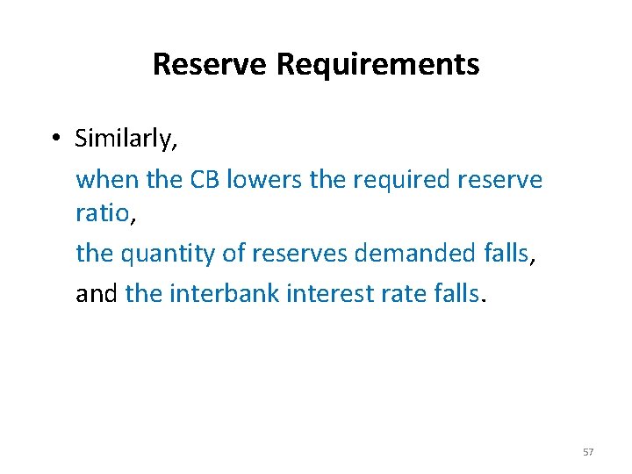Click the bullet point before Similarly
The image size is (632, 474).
[54, 139]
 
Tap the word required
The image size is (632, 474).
[405, 180]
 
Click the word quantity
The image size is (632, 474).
[169, 254]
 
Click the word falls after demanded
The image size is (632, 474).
[507, 254]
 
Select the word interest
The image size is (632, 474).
[327, 292]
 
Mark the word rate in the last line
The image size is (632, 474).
[401, 292]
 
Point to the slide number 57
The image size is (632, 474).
[588, 452]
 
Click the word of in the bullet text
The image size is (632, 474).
[233, 254]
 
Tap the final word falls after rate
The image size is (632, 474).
[457, 292]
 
